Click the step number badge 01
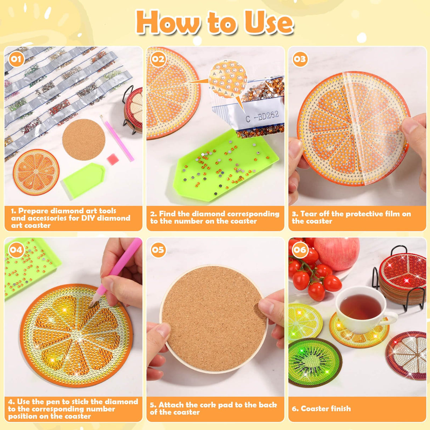(x=16, y=59)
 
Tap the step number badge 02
(x=158, y=59)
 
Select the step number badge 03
(x=300, y=59)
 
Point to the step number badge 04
(x=16, y=250)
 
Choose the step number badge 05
(x=158, y=250)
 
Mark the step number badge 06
(x=300, y=250)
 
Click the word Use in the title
(x=268, y=23)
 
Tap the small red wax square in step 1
(x=113, y=159)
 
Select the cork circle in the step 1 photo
(x=84, y=140)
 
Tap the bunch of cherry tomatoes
(x=312, y=275)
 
